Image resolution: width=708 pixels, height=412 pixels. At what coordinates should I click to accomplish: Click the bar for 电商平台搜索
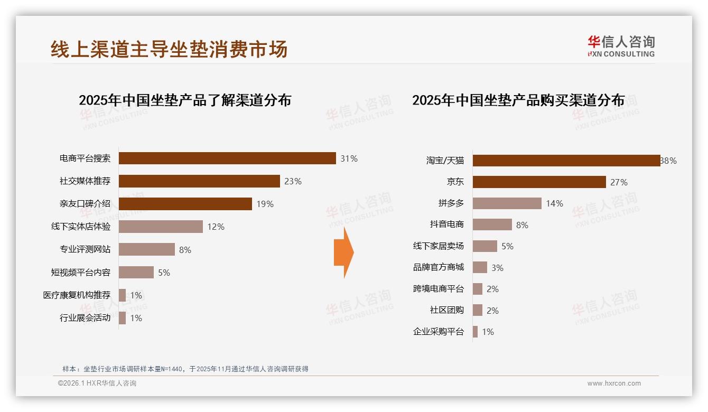[227, 158]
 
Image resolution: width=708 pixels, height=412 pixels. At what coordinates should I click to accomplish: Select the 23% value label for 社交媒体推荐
[293, 181]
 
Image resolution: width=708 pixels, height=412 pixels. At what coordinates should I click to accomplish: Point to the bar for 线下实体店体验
[161, 227]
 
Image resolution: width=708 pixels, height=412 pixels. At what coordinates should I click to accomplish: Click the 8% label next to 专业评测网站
[185, 250]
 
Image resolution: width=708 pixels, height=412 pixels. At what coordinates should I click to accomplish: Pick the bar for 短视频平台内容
[136, 273]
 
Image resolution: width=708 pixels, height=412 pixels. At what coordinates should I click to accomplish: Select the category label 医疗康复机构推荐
[77, 295]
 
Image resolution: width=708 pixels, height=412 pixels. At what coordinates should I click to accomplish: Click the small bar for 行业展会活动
[122, 318]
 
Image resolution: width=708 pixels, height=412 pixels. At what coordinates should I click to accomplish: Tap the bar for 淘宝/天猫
[566, 161]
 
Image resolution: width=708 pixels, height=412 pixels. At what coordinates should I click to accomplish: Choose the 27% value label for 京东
[619, 182]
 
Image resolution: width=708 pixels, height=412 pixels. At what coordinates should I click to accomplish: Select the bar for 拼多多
[507, 203]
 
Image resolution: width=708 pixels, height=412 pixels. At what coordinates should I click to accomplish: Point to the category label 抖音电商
[446, 224]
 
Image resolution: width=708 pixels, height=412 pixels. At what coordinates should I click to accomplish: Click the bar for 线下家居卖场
[485, 246]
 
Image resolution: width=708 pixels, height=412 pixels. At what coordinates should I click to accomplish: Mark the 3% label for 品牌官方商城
[497, 268]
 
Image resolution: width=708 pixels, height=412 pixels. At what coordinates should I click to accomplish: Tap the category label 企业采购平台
[438, 332]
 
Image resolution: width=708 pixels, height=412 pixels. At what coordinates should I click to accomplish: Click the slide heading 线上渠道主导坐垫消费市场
[169, 50]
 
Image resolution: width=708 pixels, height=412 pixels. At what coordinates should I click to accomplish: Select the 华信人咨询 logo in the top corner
[621, 46]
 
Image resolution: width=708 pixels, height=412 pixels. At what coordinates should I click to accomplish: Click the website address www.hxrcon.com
[614, 383]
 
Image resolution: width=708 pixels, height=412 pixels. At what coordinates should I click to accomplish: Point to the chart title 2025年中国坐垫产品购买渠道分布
[518, 100]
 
